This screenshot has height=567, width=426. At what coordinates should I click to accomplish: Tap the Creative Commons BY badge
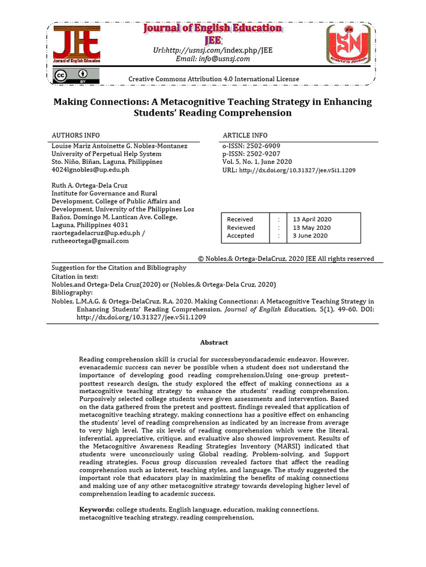click(77, 75)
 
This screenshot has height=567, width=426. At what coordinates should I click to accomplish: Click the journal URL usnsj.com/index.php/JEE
click(213, 50)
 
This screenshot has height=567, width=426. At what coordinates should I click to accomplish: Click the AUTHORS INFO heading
click(76, 135)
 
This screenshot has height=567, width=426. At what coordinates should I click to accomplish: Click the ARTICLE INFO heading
click(245, 135)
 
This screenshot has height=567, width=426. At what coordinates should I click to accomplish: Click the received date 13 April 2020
click(313, 219)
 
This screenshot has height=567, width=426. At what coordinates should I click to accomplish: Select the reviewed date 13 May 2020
click(312, 228)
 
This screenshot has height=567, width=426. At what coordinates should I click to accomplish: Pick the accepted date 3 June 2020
click(310, 235)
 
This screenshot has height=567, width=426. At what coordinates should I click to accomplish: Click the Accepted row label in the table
click(240, 235)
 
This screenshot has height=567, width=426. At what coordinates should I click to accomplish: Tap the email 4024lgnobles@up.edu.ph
click(90, 170)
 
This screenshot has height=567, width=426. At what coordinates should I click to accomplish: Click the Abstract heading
click(214, 343)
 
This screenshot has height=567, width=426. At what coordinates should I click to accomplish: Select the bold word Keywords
click(97, 509)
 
